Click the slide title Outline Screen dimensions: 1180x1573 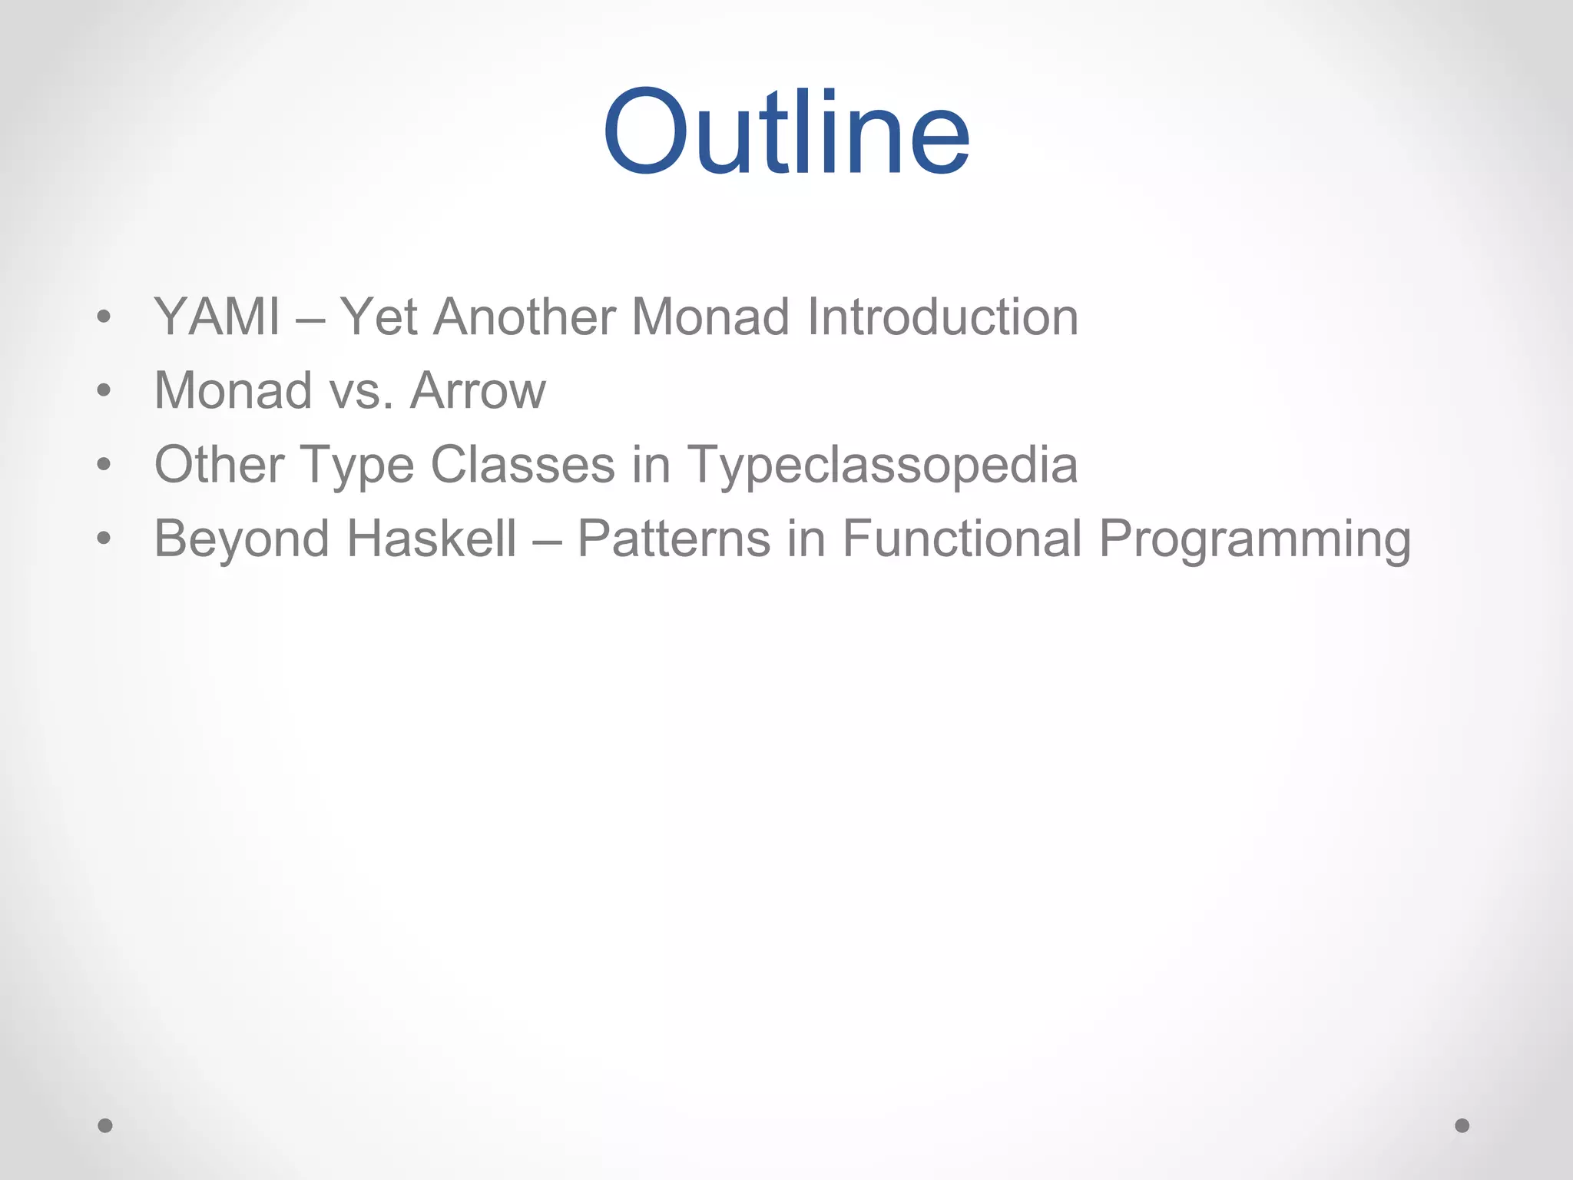[786, 132]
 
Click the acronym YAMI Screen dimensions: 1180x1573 [217, 317]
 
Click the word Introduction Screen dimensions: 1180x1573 [943, 317]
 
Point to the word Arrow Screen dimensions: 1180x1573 [478, 390]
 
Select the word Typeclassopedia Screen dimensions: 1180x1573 [883, 466]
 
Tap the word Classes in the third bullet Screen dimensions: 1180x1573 [523, 464]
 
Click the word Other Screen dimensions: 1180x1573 [219, 464]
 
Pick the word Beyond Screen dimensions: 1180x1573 [242, 539]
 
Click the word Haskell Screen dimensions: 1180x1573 [432, 538]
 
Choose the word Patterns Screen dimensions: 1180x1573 [673, 538]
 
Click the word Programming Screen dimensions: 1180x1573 [1255, 539]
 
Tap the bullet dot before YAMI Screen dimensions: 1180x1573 [104, 317]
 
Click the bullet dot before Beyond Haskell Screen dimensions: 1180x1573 [104, 538]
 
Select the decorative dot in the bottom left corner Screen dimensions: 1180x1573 [105, 1125]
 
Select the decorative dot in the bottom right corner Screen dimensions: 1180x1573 [1462, 1125]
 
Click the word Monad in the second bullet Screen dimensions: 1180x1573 [233, 390]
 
